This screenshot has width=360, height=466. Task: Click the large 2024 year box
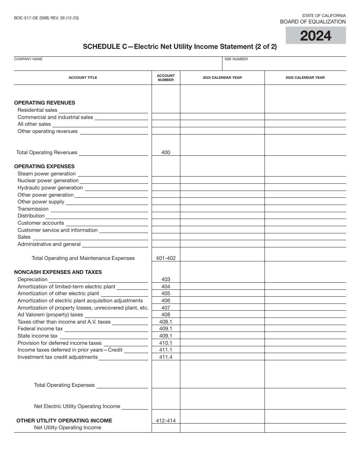click(x=316, y=36)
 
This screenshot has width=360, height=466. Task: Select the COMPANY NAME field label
click(x=28, y=59)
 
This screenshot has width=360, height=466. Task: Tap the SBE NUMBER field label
click(x=236, y=59)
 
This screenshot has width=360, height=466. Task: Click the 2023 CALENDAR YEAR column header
click(x=222, y=78)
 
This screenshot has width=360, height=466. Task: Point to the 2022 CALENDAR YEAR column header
click(x=305, y=78)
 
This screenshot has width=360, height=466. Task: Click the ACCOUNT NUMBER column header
click(x=166, y=78)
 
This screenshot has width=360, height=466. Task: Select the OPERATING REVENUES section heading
click(x=45, y=103)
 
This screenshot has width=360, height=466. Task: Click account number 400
click(x=166, y=152)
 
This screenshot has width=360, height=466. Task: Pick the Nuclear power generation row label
click(x=48, y=181)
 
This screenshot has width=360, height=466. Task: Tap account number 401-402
click(x=166, y=258)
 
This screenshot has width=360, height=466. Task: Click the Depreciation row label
click(x=33, y=279)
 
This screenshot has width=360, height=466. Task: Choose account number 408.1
click(x=166, y=322)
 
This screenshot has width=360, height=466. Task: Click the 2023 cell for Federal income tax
click(x=222, y=329)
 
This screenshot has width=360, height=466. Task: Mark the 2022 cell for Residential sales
click(x=305, y=110)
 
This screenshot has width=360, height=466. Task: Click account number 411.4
click(x=166, y=357)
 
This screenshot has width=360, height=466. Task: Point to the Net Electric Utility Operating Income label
click(x=77, y=406)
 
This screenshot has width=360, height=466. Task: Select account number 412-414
click(x=166, y=421)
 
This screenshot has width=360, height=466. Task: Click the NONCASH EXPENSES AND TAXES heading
click(x=58, y=272)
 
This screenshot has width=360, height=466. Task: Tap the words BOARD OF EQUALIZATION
click(x=313, y=22)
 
